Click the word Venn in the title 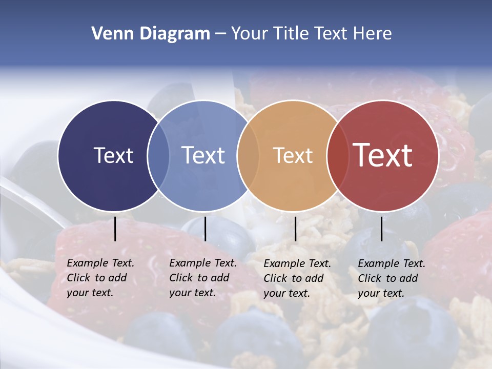click(108, 34)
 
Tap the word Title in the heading click(292, 34)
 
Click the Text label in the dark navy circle click(113, 155)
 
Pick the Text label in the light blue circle click(203, 155)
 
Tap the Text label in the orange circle click(293, 155)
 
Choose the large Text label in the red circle click(383, 155)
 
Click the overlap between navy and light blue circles click(158, 155)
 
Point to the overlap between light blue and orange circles click(248, 155)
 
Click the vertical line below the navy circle click(115, 229)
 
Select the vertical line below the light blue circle click(205, 229)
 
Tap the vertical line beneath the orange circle click(295, 229)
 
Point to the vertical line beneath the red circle click(381, 229)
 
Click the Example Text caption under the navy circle click(100, 278)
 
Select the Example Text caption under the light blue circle click(203, 278)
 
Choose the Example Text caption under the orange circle click(297, 278)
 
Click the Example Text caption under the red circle click(392, 278)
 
